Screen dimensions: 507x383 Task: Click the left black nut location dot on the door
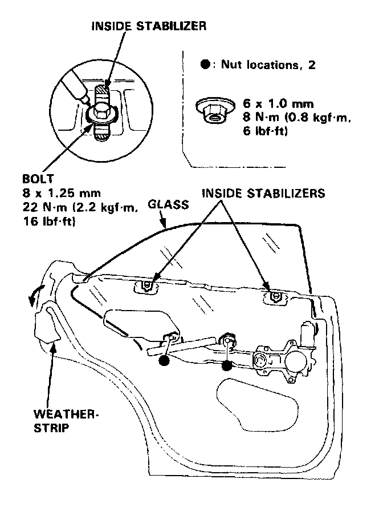(164, 361)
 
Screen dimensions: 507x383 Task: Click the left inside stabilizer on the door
(148, 285)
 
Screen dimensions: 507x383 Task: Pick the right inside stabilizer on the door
(275, 296)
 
